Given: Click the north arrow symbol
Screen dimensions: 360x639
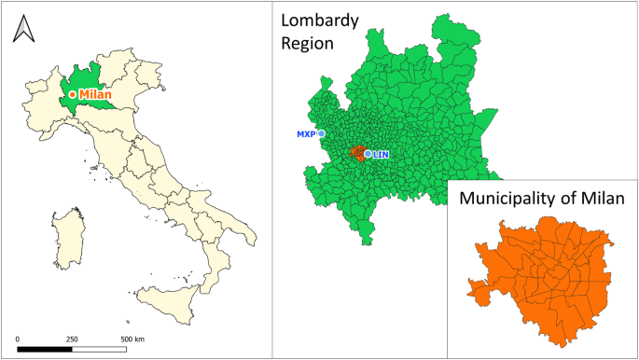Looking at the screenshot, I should click(22, 30).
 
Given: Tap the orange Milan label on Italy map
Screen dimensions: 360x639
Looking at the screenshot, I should click(95, 94).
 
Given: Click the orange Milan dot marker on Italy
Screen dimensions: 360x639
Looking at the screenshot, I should click(72, 94).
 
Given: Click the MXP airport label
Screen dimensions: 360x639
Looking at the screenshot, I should click(306, 133).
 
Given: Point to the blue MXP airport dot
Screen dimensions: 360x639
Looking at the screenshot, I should click(321, 133).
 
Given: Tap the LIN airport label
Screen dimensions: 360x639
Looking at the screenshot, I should click(381, 154).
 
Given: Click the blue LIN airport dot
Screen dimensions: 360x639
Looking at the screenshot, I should click(368, 154).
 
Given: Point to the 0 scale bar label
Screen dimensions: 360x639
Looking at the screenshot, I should click(19, 338).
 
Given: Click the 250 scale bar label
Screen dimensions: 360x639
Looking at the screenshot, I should click(72, 338).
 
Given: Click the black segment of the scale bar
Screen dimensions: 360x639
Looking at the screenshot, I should click(45, 349).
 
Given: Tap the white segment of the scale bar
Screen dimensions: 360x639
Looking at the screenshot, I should click(99, 349).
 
